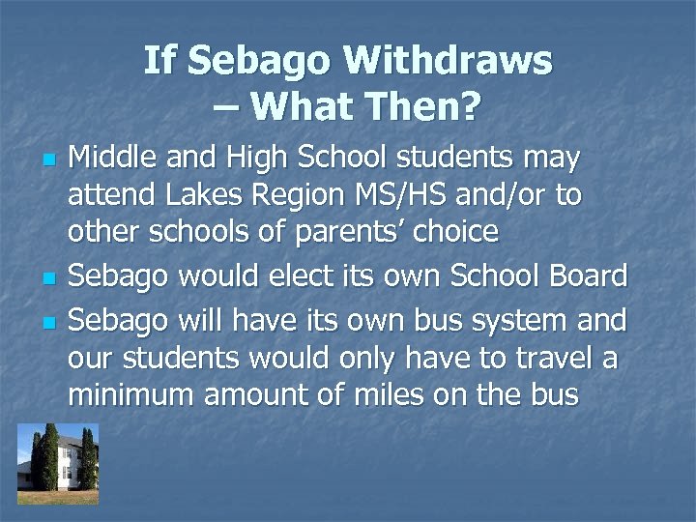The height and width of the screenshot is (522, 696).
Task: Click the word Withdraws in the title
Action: [449, 62]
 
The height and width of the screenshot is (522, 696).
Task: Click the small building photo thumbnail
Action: [58, 463]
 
